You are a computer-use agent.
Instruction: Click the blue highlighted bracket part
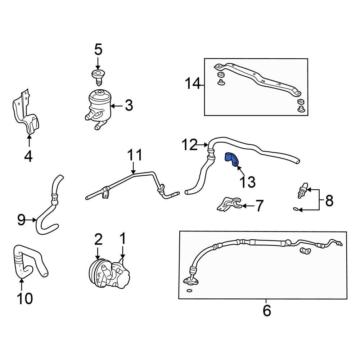(231, 159)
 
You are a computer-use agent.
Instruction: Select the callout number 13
(248, 182)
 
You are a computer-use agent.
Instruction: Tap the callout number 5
(98, 50)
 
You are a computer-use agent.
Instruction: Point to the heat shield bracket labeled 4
(26, 113)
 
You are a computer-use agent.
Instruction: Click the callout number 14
(192, 84)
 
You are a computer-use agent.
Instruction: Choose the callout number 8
(329, 201)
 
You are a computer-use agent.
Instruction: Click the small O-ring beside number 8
(295, 209)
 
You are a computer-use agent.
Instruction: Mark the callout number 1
(122, 238)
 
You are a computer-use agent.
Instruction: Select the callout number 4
(28, 156)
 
